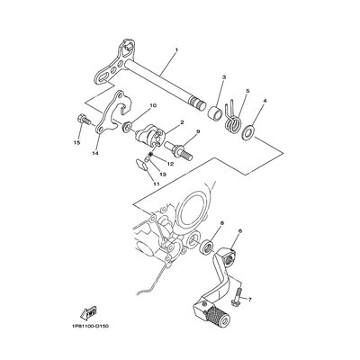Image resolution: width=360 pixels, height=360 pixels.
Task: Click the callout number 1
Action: (x=176, y=49)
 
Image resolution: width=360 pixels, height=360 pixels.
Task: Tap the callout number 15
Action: (x=76, y=143)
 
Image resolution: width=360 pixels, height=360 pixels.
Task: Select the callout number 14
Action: (x=95, y=153)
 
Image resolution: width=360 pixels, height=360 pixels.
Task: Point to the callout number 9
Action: (x=198, y=131)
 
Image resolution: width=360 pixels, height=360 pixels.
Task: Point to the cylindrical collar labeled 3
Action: (x=216, y=112)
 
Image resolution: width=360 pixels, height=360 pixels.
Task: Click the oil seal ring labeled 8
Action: (x=207, y=246)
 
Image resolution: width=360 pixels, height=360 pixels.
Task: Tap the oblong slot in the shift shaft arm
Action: (x=102, y=78)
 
